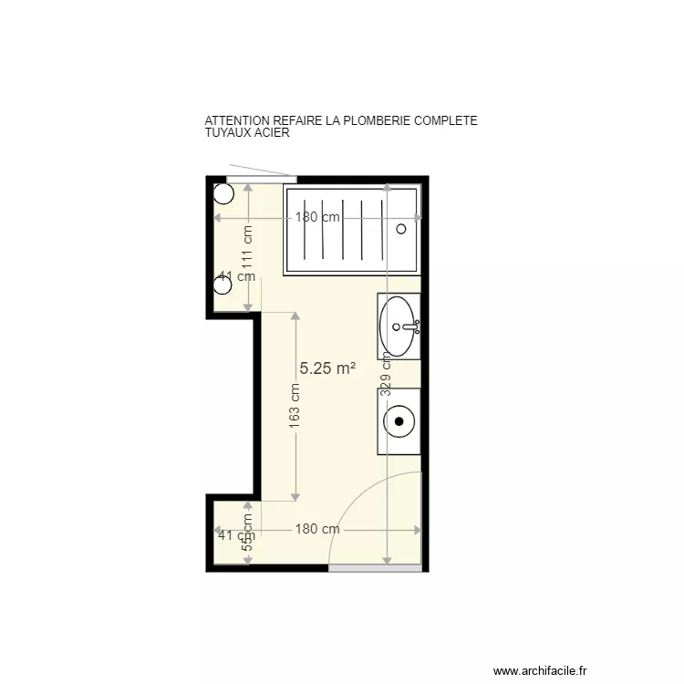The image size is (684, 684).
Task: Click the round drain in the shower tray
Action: tap(401, 229)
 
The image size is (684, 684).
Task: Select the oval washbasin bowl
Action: tap(399, 326)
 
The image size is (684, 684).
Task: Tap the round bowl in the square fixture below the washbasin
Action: tap(399, 420)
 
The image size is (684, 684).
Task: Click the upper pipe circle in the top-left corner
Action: tap(223, 193)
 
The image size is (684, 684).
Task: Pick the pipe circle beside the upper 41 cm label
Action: tap(223, 285)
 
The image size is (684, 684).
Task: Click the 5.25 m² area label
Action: tap(327, 368)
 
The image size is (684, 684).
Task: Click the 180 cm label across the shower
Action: tap(317, 217)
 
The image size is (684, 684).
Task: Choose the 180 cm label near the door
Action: tap(317, 529)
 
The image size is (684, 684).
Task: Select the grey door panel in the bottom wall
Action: tap(375, 567)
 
